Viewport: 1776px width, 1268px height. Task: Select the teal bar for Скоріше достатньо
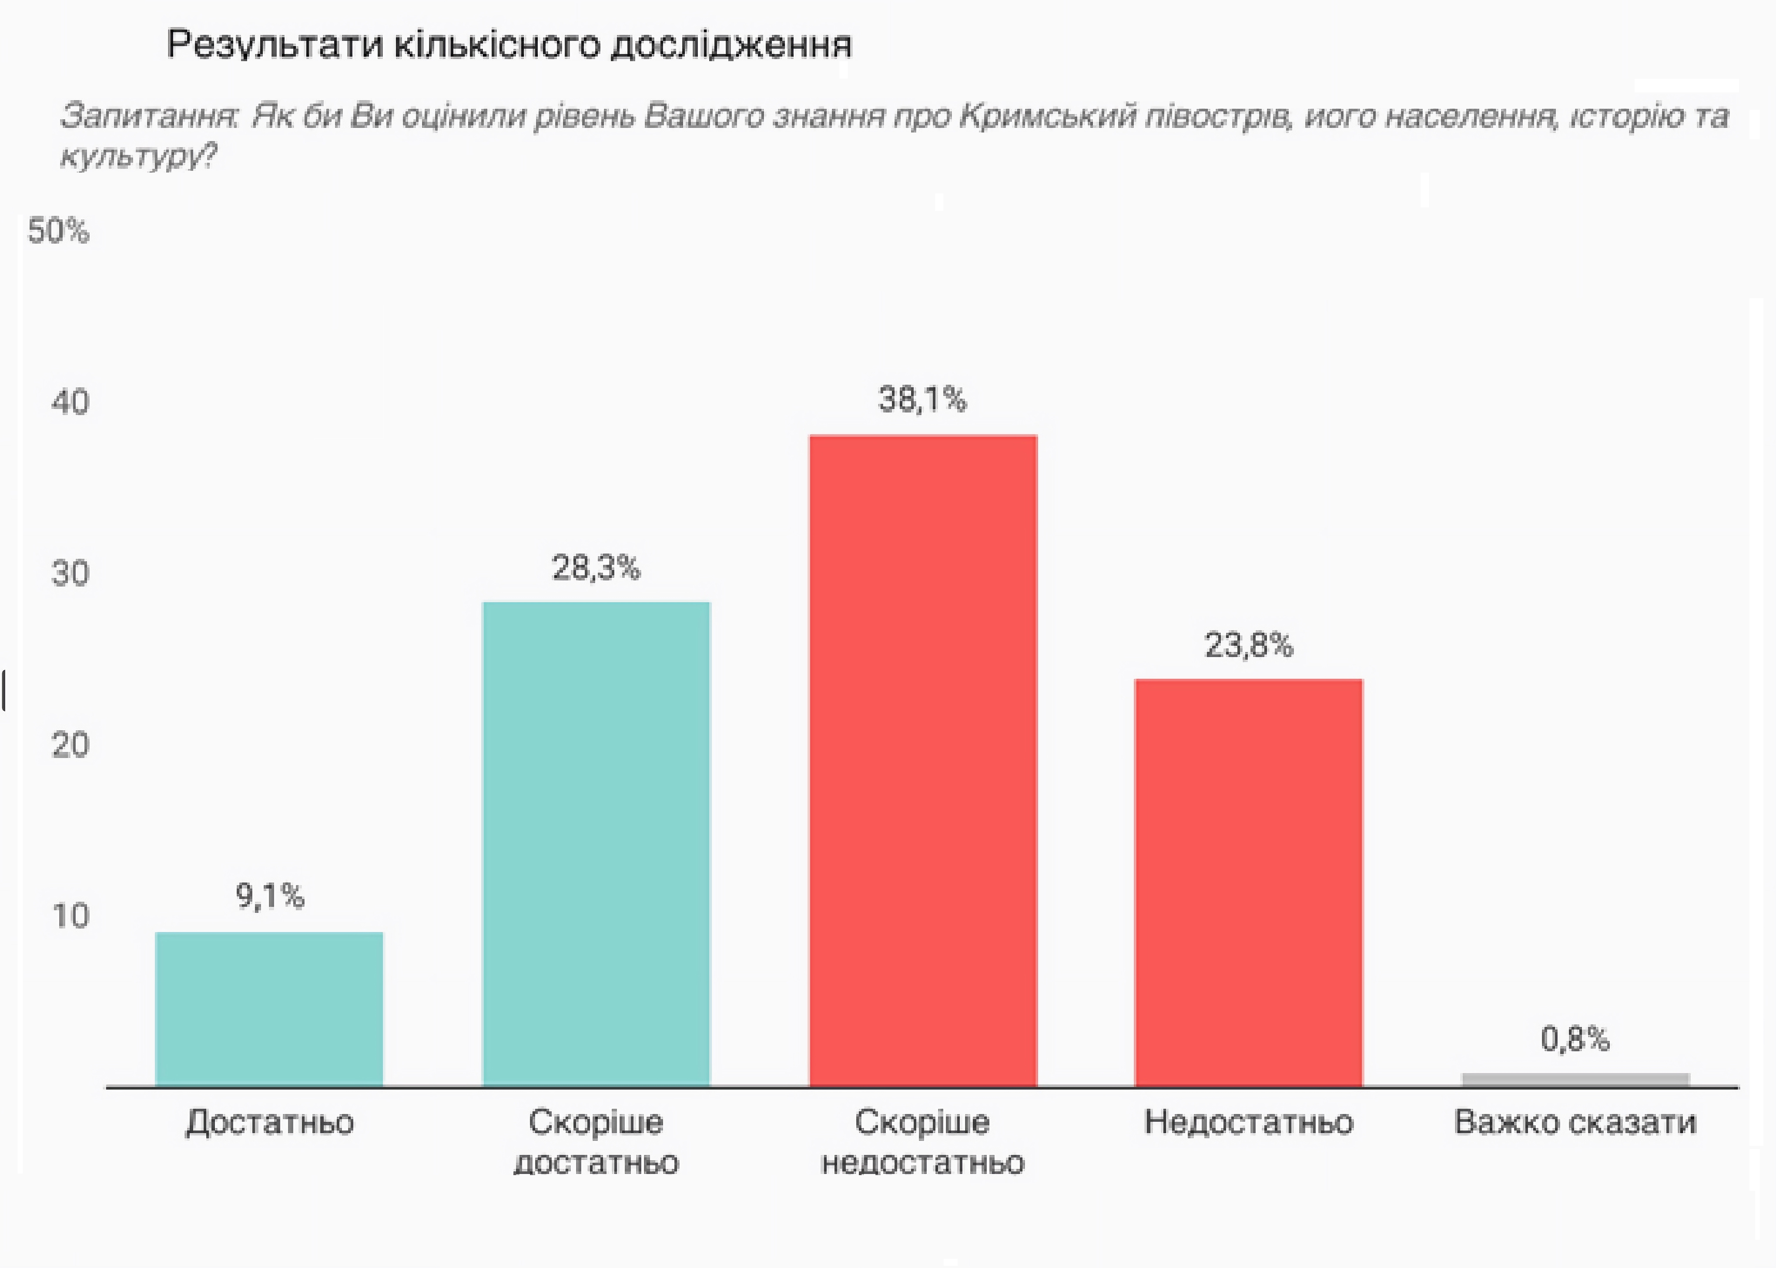tap(596, 843)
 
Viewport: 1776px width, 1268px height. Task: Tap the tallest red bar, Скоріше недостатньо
tap(923, 760)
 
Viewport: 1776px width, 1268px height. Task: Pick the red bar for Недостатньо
tap(1248, 882)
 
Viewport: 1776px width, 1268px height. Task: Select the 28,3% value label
tap(596, 568)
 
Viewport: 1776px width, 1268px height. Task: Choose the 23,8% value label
tap(1248, 645)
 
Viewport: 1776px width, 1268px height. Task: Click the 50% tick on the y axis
tap(59, 231)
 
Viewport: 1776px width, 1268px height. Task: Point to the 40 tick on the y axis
tap(70, 402)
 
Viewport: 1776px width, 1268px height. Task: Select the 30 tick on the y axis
tap(70, 573)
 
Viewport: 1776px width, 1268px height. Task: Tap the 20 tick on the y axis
tap(70, 745)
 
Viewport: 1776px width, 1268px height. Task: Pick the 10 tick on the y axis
tap(70, 916)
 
